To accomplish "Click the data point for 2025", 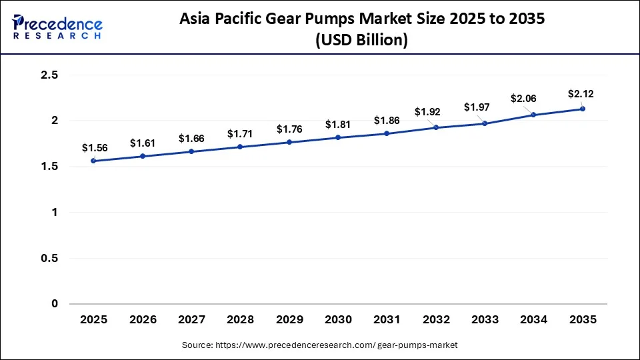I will pos(93,161).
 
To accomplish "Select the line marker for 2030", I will pos(338,137).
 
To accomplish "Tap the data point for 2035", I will pos(583,109).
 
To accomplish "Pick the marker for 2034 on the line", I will pos(533,115).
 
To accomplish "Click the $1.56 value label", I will pos(93,147).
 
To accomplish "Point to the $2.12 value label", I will pos(580,93).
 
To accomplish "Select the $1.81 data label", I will pos(338,124).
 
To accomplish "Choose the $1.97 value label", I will pos(477,107).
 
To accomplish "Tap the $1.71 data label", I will pos(240,133).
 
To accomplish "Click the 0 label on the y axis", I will pos(55,304).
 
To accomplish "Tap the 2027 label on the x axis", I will pos(191,320).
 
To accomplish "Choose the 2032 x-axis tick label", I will pos(436,320).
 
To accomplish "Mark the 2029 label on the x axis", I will pos(289,320).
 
